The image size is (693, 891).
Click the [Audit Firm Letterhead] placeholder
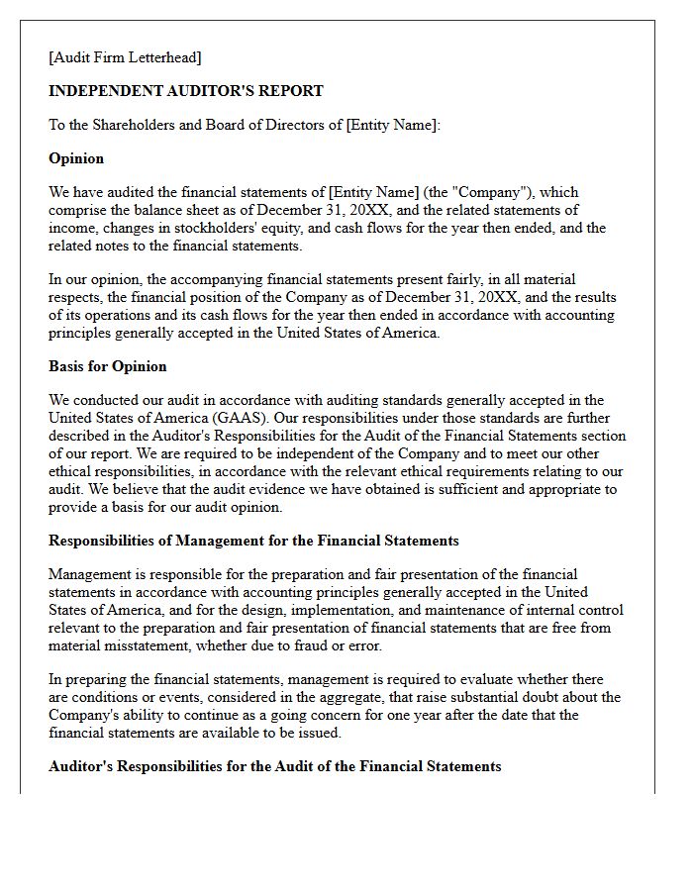coord(125,57)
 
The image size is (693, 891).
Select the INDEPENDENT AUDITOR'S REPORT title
coord(186,91)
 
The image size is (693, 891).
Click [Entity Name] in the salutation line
coord(390,125)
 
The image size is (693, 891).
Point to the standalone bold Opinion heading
coord(76,158)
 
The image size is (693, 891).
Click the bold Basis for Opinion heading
coord(108,366)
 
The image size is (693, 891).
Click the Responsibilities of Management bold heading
coord(253,541)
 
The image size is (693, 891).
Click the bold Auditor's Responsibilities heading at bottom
coord(275,766)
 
